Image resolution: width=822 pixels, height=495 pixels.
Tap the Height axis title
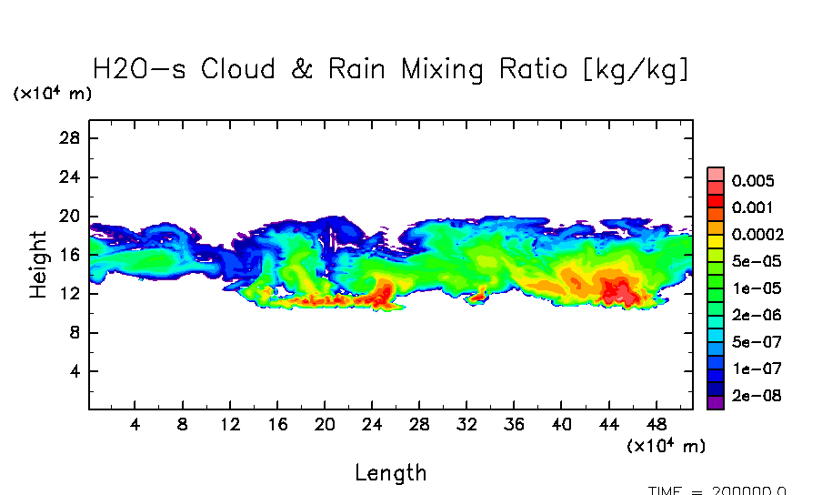[38, 264]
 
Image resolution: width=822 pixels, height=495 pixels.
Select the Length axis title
[390, 473]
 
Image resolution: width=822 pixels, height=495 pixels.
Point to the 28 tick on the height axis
[71, 138]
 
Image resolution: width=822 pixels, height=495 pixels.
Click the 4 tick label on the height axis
[75, 371]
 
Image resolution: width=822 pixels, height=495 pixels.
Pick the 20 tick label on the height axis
[71, 217]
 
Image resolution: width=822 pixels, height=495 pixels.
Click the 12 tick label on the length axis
[230, 425]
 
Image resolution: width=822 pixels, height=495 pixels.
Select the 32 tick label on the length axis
[466, 425]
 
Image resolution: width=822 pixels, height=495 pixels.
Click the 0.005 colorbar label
[751, 181]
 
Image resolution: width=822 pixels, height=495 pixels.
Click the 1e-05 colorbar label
[751, 288]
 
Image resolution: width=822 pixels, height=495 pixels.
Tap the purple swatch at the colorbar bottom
[715, 403]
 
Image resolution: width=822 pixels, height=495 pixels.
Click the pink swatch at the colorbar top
[715, 174]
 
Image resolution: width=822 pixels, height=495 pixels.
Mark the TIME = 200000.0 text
[717, 490]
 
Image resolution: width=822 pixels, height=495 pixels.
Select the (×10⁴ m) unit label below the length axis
[666, 446]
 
